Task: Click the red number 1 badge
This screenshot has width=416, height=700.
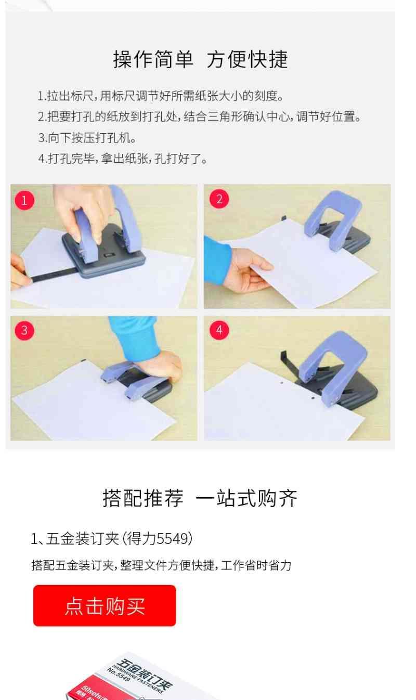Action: tap(24, 200)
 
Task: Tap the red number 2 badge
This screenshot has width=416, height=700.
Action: tap(219, 199)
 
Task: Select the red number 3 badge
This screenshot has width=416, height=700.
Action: tap(24, 330)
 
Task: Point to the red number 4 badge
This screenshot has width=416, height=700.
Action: tap(219, 330)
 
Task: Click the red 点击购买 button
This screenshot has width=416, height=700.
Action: tap(105, 606)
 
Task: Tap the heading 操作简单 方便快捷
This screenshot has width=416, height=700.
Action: tap(200, 59)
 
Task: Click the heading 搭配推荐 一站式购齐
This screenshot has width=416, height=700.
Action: tap(200, 498)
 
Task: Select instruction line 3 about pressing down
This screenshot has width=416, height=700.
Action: tap(87, 138)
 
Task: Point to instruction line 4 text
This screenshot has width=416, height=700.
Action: tap(123, 159)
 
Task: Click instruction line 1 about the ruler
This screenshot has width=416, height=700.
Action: tap(160, 96)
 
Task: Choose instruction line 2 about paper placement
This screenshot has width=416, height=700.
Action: tap(199, 117)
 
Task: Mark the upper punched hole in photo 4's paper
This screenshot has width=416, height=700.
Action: tap(282, 382)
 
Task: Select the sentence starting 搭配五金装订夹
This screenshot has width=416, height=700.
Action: tap(161, 565)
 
